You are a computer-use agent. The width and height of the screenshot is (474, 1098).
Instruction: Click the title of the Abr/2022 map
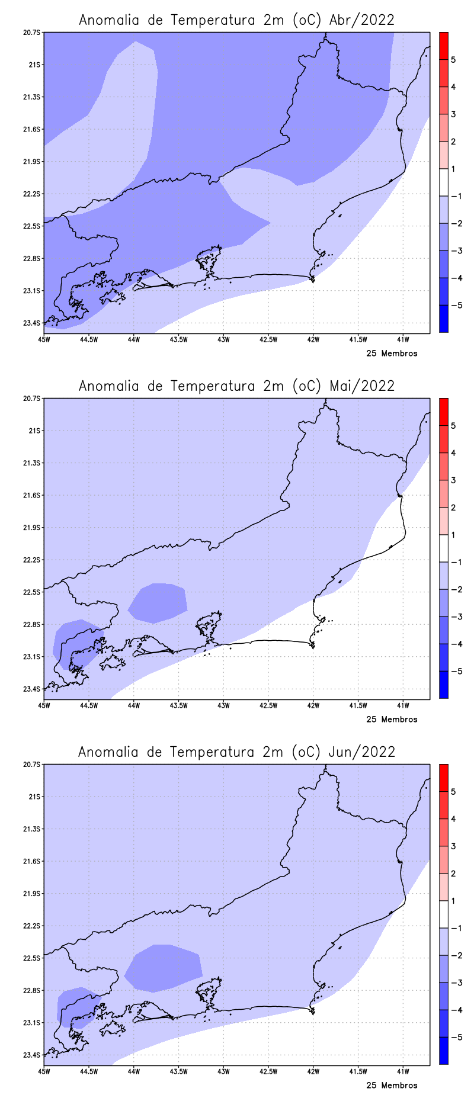tap(236, 20)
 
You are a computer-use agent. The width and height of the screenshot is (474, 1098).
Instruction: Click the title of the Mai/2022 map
tap(236, 386)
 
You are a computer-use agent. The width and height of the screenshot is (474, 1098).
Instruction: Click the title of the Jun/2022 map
tap(236, 752)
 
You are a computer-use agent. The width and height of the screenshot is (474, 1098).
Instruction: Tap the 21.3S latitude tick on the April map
tap(33, 97)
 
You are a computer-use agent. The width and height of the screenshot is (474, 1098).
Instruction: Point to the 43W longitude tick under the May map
tap(223, 705)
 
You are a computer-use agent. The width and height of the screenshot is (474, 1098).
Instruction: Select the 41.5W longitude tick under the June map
tap(358, 1071)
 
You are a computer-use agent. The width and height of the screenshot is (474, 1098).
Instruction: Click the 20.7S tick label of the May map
tap(33, 399)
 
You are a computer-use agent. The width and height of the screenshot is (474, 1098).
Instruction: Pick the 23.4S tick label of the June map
tap(33, 1055)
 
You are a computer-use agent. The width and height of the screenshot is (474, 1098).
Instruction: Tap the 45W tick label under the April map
tap(44, 339)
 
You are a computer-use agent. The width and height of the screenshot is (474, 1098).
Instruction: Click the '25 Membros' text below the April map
tap(392, 354)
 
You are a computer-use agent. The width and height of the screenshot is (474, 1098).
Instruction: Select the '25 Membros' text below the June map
tap(392, 1086)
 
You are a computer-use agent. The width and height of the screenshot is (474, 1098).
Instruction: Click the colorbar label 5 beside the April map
tap(453, 60)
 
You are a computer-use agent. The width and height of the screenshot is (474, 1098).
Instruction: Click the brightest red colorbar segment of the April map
tap(443, 46)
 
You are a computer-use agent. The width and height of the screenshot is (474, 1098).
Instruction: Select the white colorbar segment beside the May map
tap(443, 548)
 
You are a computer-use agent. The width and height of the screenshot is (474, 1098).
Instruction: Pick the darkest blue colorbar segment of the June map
tap(443, 1051)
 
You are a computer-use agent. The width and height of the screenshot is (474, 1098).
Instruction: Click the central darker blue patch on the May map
tap(158, 603)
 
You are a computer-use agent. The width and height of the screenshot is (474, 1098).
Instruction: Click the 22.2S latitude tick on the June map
tap(33, 926)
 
